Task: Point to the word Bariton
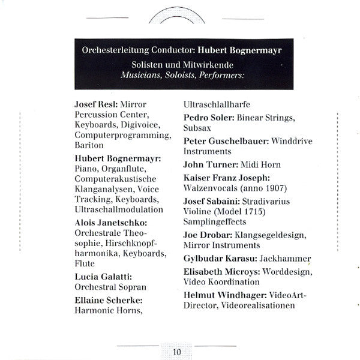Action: click(89, 145)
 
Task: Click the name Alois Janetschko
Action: click(110, 223)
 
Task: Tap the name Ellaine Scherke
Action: click(107, 299)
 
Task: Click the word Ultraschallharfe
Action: click(221, 103)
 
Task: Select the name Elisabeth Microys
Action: click(220, 271)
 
